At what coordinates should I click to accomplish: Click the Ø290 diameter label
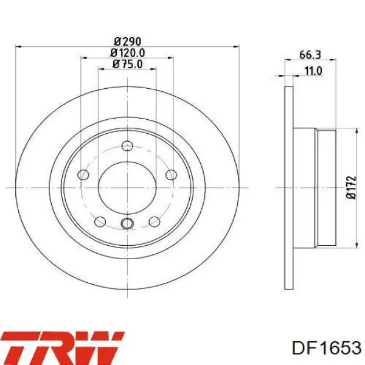click(x=128, y=41)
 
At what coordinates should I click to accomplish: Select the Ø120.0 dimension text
click(x=127, y=53)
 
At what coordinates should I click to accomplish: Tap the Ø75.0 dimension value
click(x=127, y=64)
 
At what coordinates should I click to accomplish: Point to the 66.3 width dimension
click(x=310, y=55)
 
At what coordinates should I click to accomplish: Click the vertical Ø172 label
click(x=351, y=187)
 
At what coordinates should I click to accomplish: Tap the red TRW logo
click(x=63, y=348)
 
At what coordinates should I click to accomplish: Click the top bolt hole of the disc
click(x=127, y=146)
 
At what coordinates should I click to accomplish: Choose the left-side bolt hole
click(x=83, y=175)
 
